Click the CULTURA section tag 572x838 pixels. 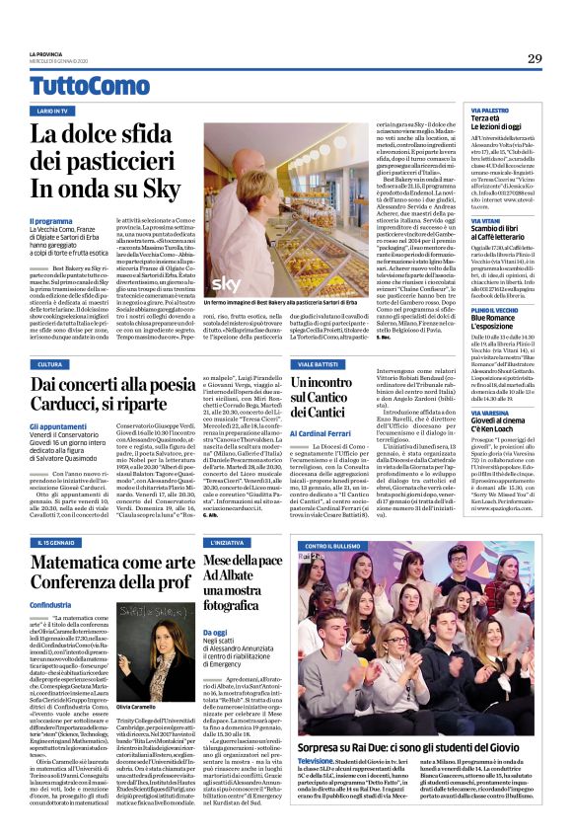52,364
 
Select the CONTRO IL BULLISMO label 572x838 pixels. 348,545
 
